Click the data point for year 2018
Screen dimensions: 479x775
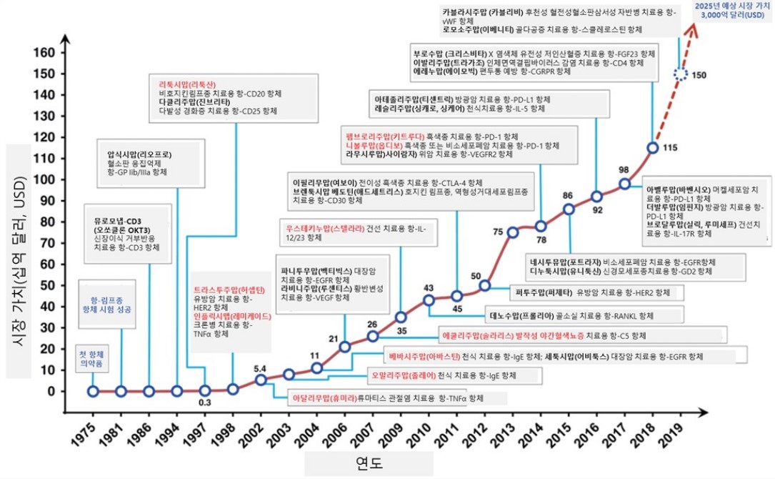point(652,147)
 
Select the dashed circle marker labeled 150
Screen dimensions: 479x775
point(681,74)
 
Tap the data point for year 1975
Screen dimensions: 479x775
point(93,391)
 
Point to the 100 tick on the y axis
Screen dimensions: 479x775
point(48,180)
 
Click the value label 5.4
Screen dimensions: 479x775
point(261,367)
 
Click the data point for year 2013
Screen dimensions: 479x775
point(512,232)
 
